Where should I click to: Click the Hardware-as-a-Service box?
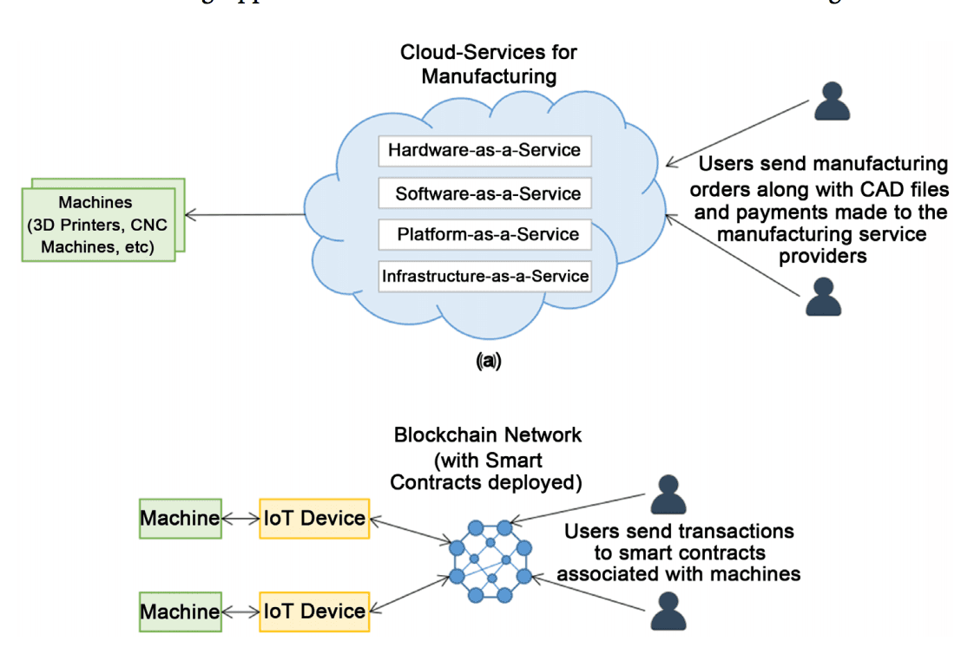point(484,150)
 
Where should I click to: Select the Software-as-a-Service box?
point(485,193)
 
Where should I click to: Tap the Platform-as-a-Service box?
point(485,234)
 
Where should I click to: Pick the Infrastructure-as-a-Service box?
point(484,277)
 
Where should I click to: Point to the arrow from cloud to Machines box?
point(247,214)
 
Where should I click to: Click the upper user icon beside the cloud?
point(832,101)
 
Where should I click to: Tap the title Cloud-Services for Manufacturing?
point(488,64)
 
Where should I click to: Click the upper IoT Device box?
point(314,519)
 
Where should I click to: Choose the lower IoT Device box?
point(314,611)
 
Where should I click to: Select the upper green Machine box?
point(180,519)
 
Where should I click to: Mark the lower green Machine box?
point(180,611)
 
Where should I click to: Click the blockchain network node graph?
point(490,561)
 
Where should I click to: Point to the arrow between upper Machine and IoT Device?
point(240,519)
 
